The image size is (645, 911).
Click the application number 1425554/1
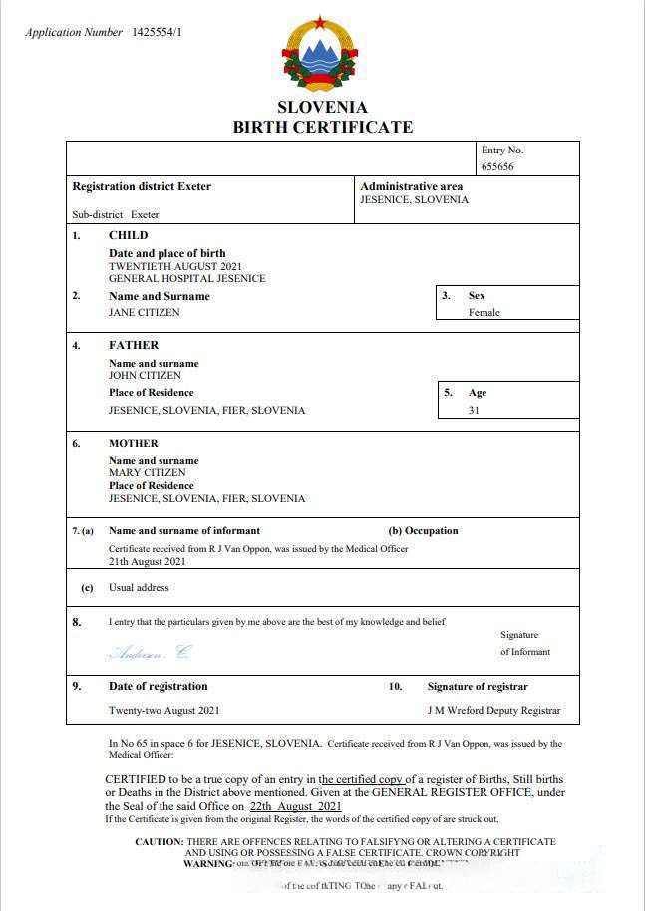(158, 32)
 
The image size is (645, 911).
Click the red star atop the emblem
(321, 21)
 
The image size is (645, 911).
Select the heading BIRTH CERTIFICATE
(322, 127)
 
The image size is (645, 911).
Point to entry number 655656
(497, 167)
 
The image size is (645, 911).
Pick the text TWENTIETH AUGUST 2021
(174, 266)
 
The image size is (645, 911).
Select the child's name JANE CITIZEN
(145, 312)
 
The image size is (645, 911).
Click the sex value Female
(484, 312)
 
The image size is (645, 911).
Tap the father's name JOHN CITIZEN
(145, 376)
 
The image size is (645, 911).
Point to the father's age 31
(474, 410)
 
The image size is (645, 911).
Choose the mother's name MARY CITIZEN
(147, 473)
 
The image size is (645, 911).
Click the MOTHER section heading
(134, 443)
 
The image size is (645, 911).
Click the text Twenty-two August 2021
(163, 711)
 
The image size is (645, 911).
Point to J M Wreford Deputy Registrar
(493, 711)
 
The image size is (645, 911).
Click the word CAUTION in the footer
(160, 842)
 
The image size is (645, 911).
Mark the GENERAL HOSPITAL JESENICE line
(186, 278)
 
